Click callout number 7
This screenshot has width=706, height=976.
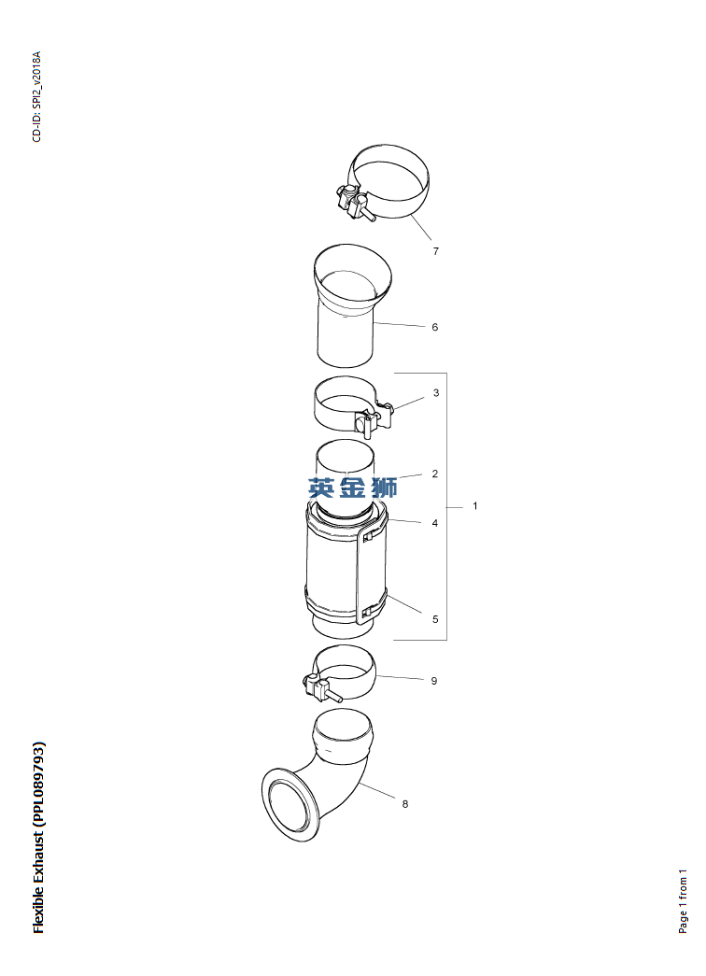436,251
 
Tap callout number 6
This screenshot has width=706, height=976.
434,327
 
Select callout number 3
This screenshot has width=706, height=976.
436,393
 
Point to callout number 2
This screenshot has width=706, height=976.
434,474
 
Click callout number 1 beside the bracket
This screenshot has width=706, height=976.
475,506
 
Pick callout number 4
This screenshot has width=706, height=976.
434,523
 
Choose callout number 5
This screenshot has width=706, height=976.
435,619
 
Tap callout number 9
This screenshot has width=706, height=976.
434,681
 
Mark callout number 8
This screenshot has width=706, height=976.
404,804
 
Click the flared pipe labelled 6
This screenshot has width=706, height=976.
351,305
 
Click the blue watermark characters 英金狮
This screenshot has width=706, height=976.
352,488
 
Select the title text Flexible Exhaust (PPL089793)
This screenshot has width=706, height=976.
38,837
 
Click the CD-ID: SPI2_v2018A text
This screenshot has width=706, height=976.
36,96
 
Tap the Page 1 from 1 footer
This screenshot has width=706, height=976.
683,900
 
